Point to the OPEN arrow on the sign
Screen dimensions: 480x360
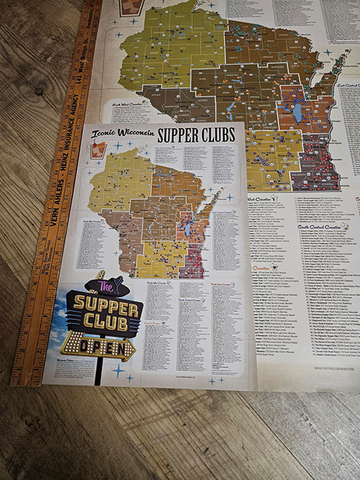[x=101, y=349]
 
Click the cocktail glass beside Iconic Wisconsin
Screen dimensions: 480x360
[x=98, y=149]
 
